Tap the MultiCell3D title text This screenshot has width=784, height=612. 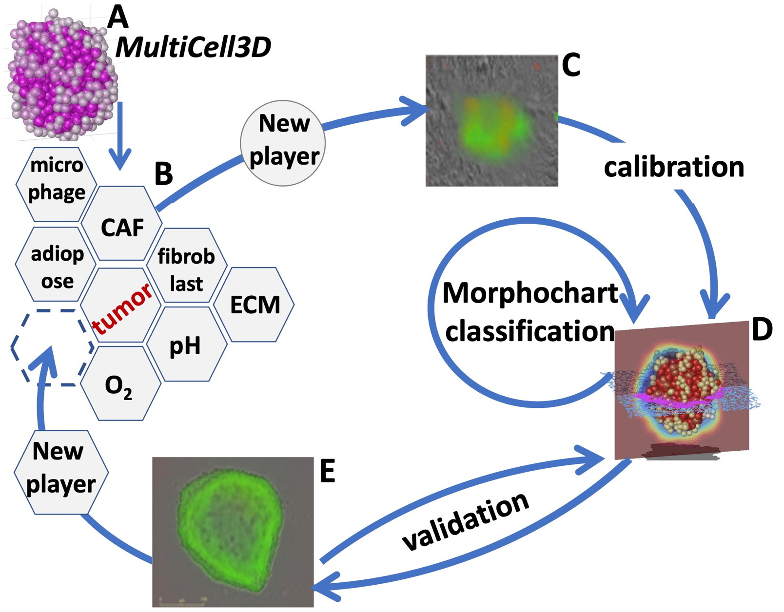pyautogui.click(x=193, y=47)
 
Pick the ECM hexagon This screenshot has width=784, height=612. pyautogui.click(x=255, y=305)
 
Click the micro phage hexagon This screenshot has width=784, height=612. pyautogui.click(x=57, y=179)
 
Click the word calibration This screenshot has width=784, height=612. pyautogui.click(x=674, y=167)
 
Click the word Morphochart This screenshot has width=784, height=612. pyautogui.click(x=530, y=293)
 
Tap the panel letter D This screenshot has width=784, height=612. pyautogui.click(x=762, y=330)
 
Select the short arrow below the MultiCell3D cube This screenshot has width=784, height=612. pyautogui.click(x=120, y=136)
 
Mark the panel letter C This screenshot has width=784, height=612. pyautogui.click(x=571, y=65)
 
